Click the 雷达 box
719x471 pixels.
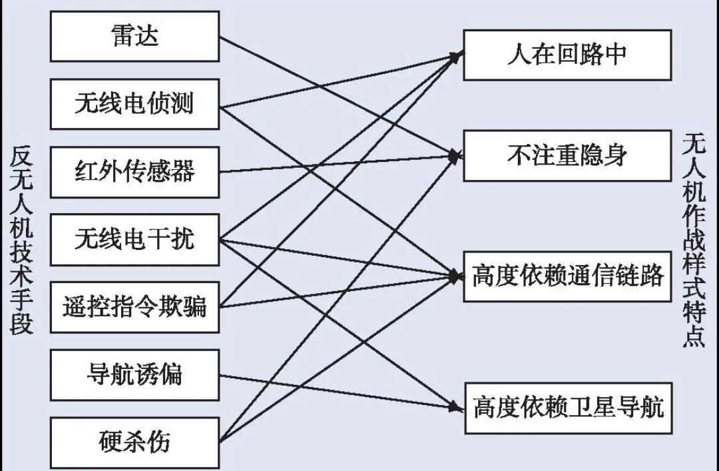[x=134, y=37]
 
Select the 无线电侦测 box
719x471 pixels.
[x=134, y=104]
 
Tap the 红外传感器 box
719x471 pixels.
[x=134, y=172]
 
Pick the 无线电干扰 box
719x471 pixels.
[x=134, y=239]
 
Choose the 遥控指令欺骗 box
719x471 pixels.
[x=134, y=307]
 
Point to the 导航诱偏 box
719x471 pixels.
[x=134, y=374]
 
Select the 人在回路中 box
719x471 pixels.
[x=567, y=55]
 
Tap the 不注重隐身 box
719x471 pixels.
[x=567, y=156]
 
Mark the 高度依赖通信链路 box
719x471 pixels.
[x=567, y=276]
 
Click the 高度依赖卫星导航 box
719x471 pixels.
[x=567, y=407]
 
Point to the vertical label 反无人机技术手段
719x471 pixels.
[x=22, y=239]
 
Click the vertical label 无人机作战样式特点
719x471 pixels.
[x=694, y=239]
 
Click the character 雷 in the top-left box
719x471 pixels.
[x=121, y=37]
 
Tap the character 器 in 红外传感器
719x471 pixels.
[x=182, y=172]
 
